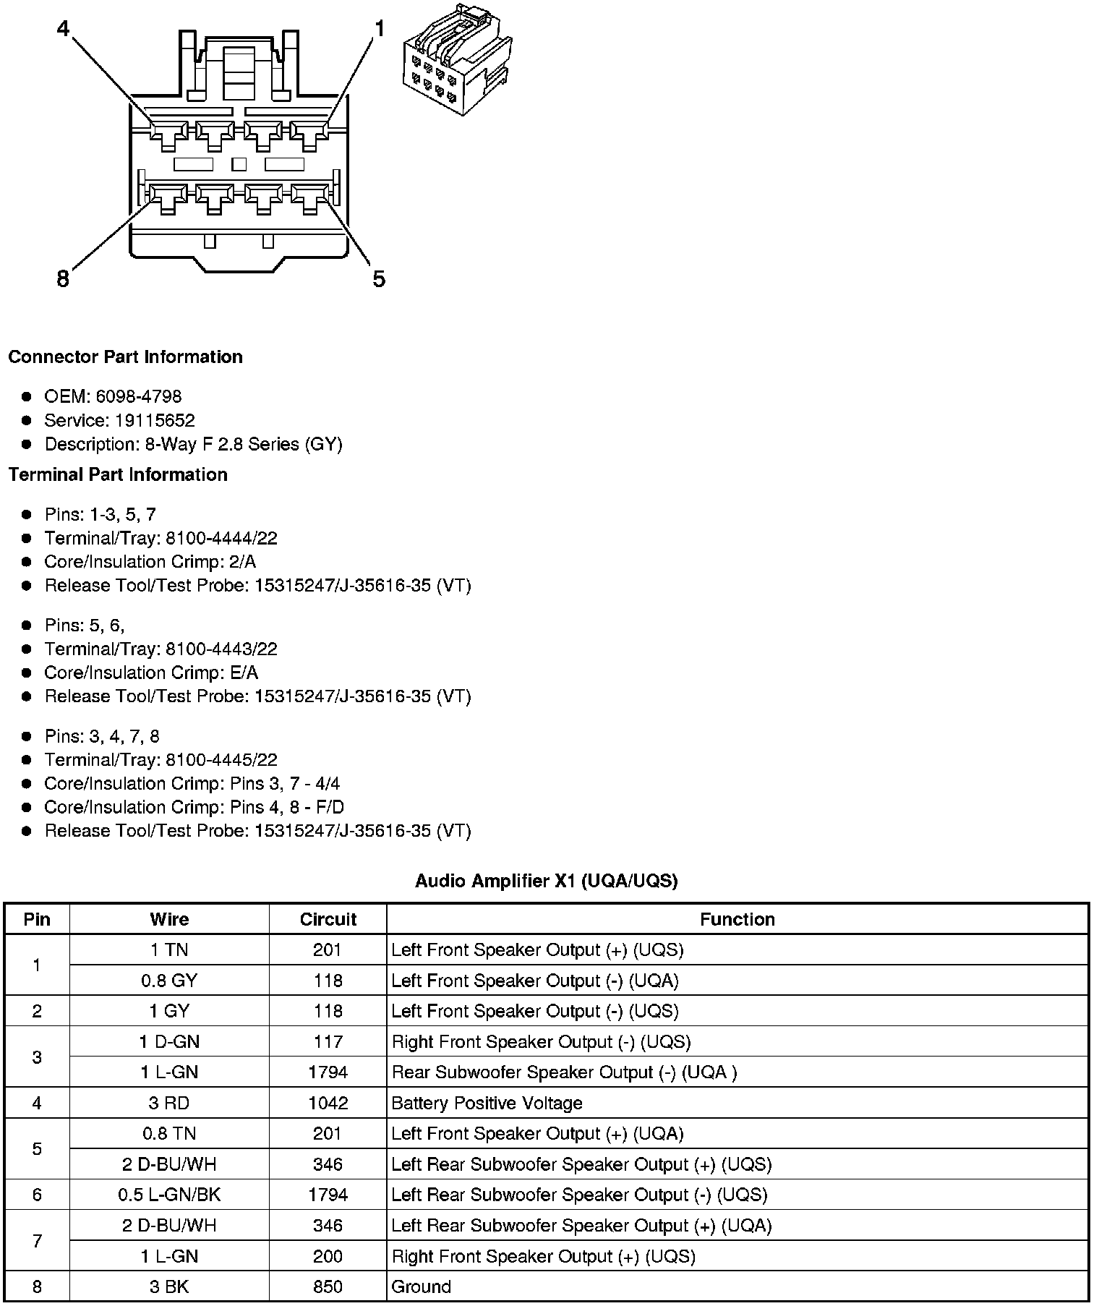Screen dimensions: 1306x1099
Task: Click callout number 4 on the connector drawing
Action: coord(64,29)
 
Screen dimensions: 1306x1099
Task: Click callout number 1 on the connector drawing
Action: coord(379,29)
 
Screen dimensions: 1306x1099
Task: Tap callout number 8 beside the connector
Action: coord(63,278)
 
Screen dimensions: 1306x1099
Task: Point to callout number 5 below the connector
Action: coord(379,278)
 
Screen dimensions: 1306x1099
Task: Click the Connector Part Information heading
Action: coord(125,357)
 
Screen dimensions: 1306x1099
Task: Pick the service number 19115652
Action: coord(155,420)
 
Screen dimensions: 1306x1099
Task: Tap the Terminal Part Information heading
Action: coord(118,474)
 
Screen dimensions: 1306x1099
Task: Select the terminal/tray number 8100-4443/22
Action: coord(221,649)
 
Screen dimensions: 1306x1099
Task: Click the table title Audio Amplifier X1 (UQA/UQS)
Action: coord(546,881)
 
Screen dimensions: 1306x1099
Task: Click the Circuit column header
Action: coord(328,919)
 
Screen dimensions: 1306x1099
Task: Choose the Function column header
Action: coord(737,919)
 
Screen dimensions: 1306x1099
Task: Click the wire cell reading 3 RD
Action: coord(169,1103)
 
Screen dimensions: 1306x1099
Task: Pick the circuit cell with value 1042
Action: coord(328,1103)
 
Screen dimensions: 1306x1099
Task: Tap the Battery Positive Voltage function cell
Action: coord(487,1103)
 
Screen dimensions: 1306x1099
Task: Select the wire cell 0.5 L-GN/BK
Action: coord(169,1195)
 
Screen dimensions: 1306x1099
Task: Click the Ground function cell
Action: coord(421,1286)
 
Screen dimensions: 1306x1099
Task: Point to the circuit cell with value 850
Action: coord(328,1286)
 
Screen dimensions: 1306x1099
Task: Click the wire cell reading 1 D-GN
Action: coord(169,1041)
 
